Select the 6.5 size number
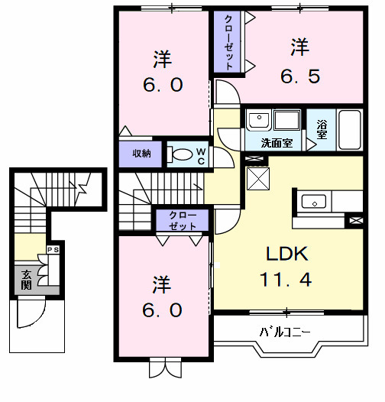click(299, 75)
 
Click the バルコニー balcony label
click(285, 332)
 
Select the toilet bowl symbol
click(181, 154)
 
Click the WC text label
click(201, 156)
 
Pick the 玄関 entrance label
click(26, 280)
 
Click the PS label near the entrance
click(54, 250)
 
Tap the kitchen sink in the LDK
click(314, 202)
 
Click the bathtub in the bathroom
click(350, 130)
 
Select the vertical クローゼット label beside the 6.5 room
click(228, 43)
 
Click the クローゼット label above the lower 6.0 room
click(182, 221)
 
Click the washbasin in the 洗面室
click(257, 121)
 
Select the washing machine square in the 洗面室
click(287, 121)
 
